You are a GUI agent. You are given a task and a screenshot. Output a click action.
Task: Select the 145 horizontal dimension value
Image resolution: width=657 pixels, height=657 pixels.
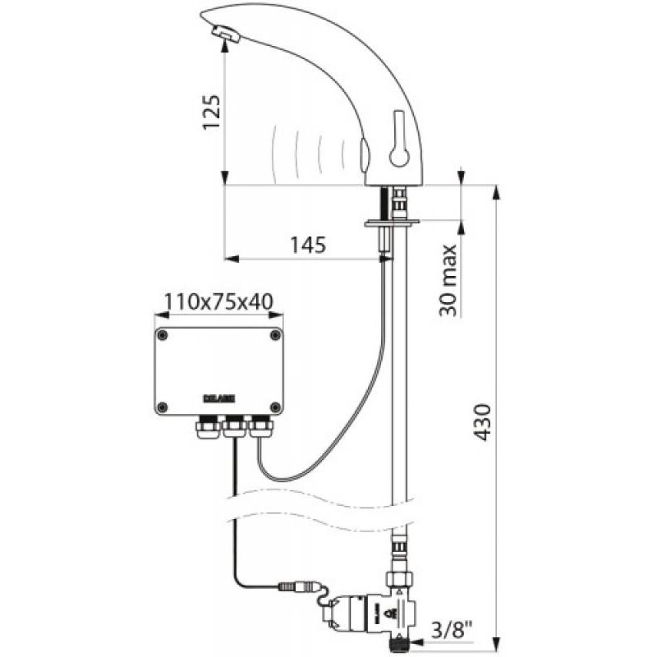pos(308,245)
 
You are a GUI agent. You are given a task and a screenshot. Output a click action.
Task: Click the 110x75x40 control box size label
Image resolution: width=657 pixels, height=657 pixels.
pos(218,302)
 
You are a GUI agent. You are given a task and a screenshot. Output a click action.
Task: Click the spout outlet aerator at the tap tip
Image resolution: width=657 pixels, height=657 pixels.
pos(224,34)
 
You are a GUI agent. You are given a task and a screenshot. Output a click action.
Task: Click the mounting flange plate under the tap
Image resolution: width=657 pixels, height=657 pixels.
pos(393,222)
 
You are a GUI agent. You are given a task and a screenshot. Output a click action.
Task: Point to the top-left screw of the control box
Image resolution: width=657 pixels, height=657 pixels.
pos(163,335)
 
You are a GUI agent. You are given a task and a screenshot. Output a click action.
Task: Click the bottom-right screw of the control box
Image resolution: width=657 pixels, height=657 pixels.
pos(273,406)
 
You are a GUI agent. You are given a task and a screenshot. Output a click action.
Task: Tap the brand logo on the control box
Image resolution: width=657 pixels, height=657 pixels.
pos(218,399)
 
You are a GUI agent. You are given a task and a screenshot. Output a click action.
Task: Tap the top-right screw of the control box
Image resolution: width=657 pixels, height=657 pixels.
pos(273,335)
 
